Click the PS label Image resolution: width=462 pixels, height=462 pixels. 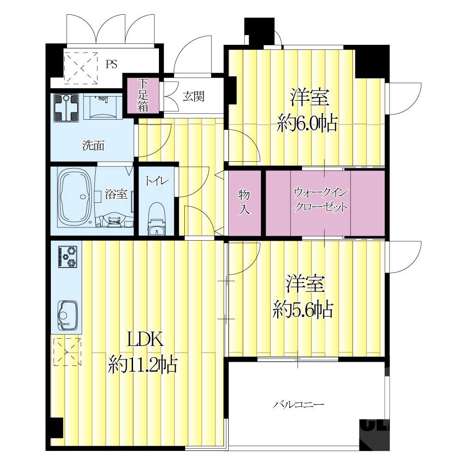(x=112, y=64)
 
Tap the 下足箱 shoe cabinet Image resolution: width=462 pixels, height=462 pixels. (x=143, y=95)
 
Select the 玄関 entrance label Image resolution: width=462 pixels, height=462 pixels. (x=193, y=96)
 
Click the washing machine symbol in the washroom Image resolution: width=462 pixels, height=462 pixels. (x=67, y=108)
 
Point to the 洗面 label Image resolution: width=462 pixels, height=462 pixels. (x=93, y=145)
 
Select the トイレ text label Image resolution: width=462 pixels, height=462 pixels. (x=157, y=181)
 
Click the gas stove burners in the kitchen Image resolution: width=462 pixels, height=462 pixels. (x=68, y=256)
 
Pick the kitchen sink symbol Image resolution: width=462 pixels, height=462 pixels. (x=68, y=316)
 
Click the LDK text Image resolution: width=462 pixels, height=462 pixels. (x=145, y=340)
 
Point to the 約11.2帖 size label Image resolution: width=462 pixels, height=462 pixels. (x=143, y=365)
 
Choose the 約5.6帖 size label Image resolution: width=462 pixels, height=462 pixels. (x=303, y=310)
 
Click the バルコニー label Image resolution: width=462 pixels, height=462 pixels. (x=298, y=404)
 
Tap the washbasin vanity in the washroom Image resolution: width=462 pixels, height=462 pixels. (x=103, y=106)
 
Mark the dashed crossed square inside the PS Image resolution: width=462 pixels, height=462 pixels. (x=81, y=68)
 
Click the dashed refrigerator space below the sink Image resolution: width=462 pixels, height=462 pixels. (x=67, y=352)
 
